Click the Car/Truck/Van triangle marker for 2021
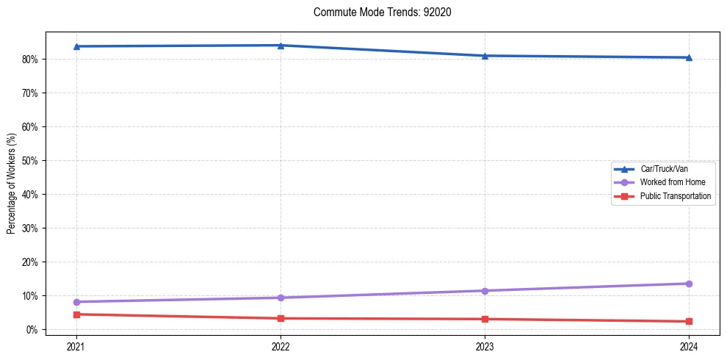coord(76,46)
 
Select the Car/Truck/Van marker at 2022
coord(281,46)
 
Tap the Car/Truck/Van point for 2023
coord(485,56)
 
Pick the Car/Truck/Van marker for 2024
coord(689,57)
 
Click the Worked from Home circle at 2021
coord(76,302)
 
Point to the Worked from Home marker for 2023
coord(485,291)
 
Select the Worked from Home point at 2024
coord(689,284)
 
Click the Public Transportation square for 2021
coord(76,314)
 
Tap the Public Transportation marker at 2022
coord(281,318)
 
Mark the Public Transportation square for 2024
coord(689,321)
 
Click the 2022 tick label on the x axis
coord(281,345)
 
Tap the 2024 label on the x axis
coord(689,345)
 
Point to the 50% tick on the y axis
coord(30,161)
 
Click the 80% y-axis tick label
coord(30,60)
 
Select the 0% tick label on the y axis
coord(32,330)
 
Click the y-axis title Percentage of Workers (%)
coord(12,184)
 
